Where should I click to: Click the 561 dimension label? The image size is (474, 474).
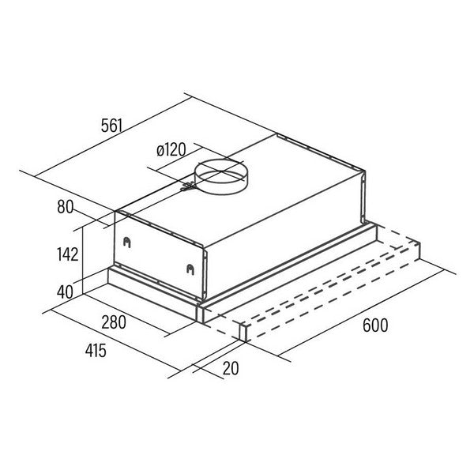111,126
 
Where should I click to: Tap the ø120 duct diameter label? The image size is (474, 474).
171,149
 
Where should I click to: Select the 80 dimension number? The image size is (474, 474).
66,207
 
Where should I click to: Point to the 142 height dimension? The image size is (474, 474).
68,254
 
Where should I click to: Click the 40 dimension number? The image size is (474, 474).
65,292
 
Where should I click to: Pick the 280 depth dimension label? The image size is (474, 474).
114,322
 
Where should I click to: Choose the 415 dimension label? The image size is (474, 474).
96,351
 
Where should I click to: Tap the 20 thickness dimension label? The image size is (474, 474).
231,368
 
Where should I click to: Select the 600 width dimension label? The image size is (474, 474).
375,325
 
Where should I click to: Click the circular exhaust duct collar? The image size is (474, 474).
221,178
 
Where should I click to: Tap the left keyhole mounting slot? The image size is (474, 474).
127,243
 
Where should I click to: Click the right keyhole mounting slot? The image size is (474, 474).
190,269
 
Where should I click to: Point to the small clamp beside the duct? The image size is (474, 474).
187,186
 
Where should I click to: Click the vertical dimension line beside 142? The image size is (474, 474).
82,261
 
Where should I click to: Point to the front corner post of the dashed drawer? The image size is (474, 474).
243,333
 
